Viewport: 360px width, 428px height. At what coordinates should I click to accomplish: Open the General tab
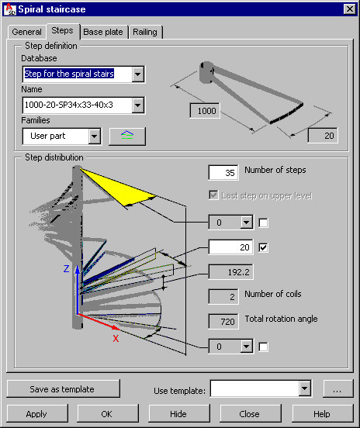[x=26, y=33]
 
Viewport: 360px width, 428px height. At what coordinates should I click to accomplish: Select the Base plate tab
[x=103, y=33]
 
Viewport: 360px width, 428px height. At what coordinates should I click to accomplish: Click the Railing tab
[x=145, y=33]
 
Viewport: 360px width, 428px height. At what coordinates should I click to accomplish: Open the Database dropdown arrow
[x=137, y=74]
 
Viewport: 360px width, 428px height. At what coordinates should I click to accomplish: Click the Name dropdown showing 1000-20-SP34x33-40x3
[x=84, y=105]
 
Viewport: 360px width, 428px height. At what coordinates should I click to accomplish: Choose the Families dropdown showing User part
[x=62, y=136]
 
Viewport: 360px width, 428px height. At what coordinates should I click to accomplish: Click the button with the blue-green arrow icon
[x=127, y=136]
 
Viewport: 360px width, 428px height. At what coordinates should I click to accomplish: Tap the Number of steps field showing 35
[x=223, y=172]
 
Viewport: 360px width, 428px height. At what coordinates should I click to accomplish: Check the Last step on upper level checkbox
[x=213, y=195]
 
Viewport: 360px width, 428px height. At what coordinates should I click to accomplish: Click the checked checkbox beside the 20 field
[x=263, y=247]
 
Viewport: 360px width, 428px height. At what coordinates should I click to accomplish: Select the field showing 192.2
[x=230, y=272]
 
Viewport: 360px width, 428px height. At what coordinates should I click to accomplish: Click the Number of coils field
[x=223, y=296]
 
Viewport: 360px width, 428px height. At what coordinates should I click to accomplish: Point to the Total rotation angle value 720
[x=223, y=322]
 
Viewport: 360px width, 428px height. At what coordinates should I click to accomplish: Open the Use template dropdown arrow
[x=305, y=388]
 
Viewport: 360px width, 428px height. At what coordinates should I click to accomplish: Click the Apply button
[x=37, y=414]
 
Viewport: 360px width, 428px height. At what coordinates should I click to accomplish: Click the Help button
[x=323, y=414]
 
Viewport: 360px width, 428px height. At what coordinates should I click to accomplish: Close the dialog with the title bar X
[x=350, y=9]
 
